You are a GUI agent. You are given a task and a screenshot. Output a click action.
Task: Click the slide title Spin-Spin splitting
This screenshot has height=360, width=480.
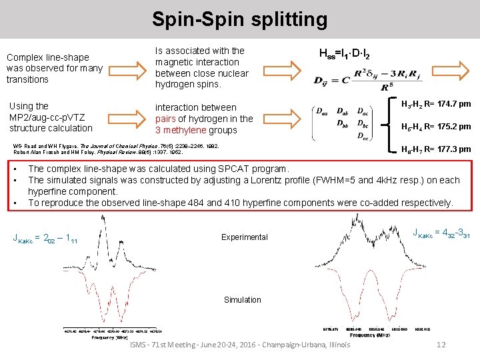tap(239, 19)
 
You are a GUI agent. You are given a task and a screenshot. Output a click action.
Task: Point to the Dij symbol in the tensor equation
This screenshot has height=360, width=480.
tap(323, 81)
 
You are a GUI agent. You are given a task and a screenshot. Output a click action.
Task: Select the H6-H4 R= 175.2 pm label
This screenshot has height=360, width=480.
tap(435, 127)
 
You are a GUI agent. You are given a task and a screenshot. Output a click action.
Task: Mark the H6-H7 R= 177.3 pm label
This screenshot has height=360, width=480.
tap(435, 149)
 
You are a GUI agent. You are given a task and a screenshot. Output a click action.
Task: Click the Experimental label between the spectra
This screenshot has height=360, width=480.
tap(245, 237)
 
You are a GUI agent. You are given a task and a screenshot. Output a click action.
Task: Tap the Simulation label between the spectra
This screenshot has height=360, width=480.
tap(243, 300)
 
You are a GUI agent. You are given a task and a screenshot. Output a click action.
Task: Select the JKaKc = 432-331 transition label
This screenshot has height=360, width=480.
tap(441, 233)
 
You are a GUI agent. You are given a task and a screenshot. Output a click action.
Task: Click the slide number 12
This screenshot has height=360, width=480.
tap(440, 345)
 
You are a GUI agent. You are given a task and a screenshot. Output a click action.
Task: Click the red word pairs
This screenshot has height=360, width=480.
tap(167, 119)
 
